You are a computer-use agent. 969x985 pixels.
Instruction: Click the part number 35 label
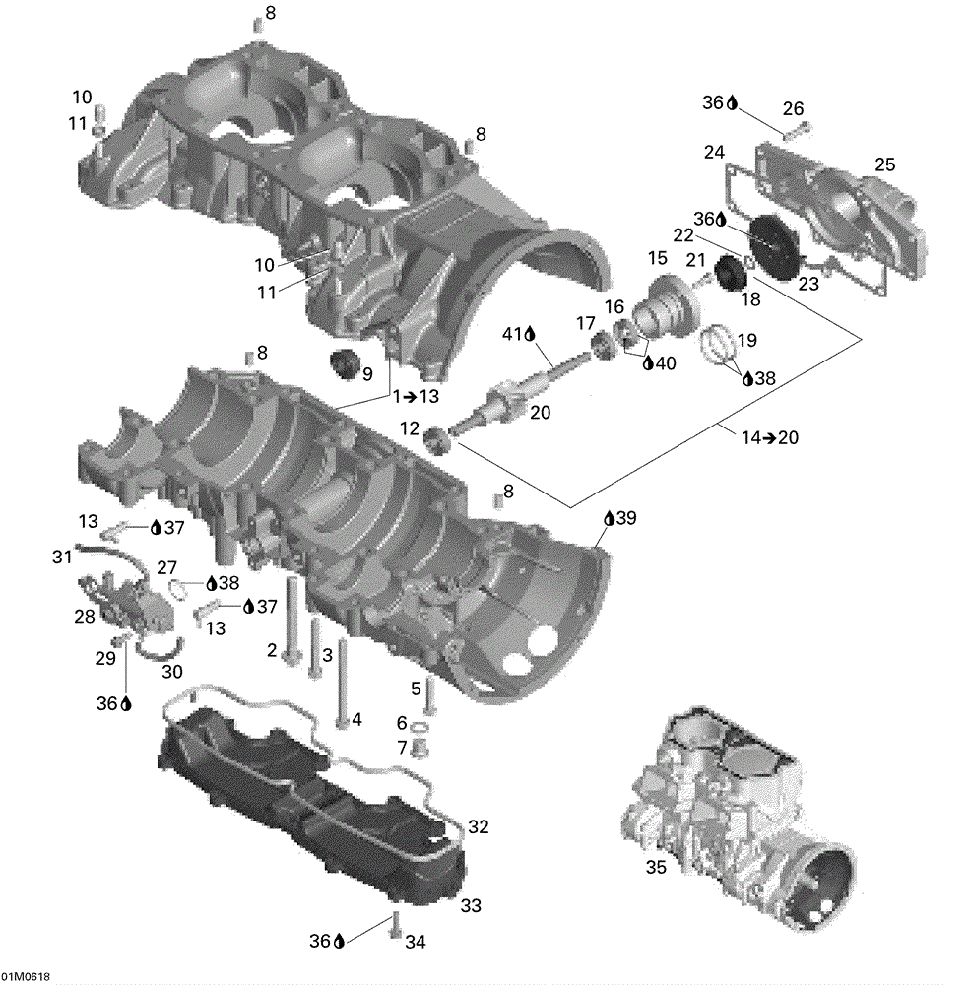(656, 867)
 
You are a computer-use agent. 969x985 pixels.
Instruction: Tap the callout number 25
(885, 164)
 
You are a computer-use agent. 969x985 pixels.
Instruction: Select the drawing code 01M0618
(26, 977)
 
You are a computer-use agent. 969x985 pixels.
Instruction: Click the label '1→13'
(416, 397)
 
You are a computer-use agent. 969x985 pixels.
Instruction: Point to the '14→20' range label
(769, 437)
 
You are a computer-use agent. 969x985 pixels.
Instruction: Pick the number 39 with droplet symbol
(619, 518)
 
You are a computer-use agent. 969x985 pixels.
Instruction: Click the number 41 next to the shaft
(513, 334)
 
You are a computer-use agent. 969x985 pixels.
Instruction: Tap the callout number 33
(471, 905)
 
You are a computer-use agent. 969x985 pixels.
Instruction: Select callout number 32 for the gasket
(478, 826)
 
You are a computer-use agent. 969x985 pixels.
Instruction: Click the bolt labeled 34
(395, 924)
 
